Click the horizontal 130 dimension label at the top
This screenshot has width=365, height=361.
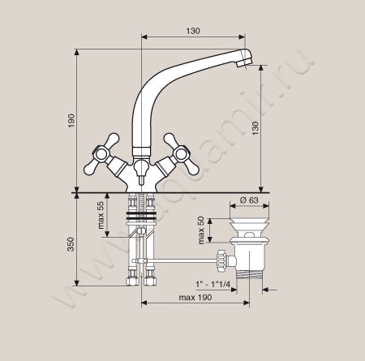coord(193,31)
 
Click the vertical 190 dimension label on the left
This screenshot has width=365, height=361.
coord(71,121)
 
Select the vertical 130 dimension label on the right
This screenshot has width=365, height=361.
coord(255,128)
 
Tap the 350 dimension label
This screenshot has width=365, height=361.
coord(71,244)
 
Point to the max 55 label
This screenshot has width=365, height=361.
coord(101,215)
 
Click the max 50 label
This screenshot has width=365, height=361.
coord(201,230)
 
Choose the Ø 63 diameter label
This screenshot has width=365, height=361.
coord(249,200)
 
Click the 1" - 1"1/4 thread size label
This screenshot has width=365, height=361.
coord(213,284)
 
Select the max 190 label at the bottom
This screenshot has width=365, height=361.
coord(195,298)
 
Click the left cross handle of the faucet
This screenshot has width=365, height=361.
coord(101,154)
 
